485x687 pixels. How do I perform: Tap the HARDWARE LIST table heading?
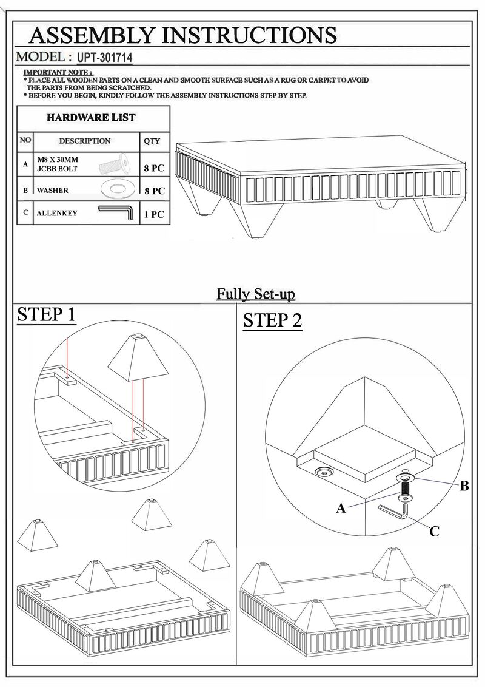pyautogui.click(x=91, y=117)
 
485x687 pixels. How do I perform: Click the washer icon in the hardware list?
pyautogui.click(x=116, y=189)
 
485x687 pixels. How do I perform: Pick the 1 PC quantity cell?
pyautogui.click(x=153, y=215)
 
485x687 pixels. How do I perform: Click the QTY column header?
pyautogui.click(x=152, y=141)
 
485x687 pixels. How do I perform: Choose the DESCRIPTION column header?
pyautogui.click(x=84, y=141)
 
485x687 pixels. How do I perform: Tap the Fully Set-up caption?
pyautogui.click(x=256, y=294)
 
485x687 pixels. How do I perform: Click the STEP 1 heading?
pyautogui.click(x=46, y=316)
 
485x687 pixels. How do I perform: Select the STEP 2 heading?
pyautogui.click(x=272, y=320)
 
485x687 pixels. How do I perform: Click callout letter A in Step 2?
pyautogui.click(x=342, y=509)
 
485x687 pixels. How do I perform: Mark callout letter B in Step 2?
pyautogui.click(x=464, y=486)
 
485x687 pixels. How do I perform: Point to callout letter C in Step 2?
pyautogui.click(x=434, y=532)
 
